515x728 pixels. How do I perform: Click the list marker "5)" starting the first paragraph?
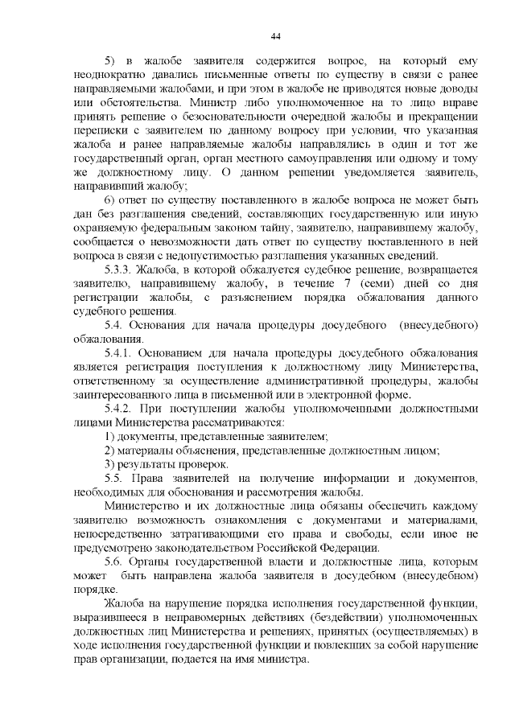click(112, 61)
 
